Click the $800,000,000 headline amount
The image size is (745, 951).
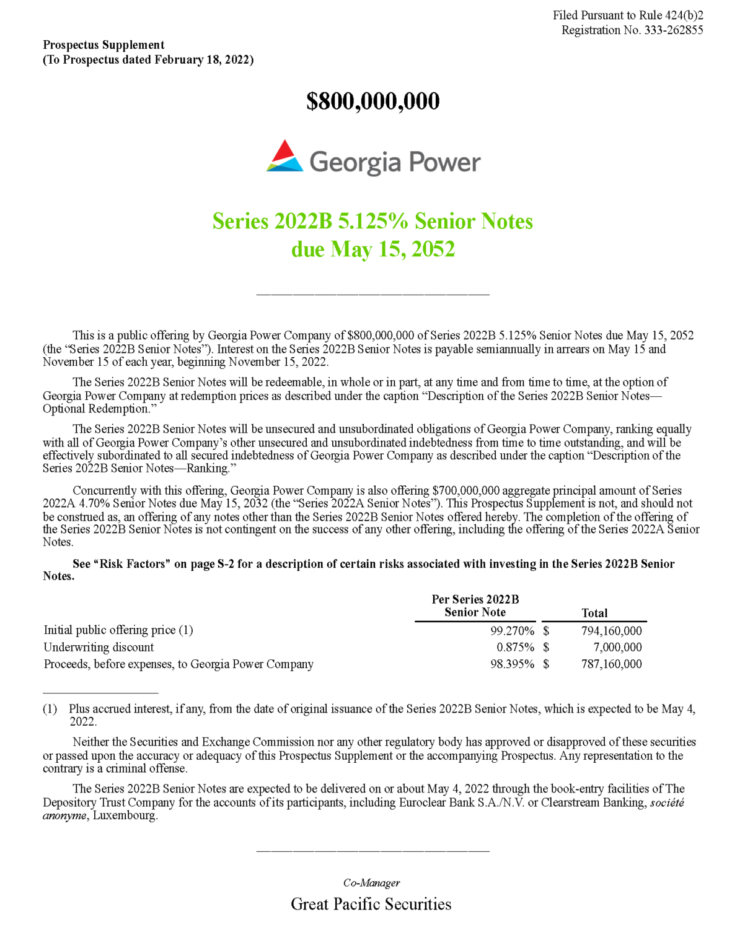click(x=372, y=102)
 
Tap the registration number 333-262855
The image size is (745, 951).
click(x=673, y=30)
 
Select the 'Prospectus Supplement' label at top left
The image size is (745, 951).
click(x=104, y=45)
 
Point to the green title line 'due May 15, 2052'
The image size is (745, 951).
click(x=372, y=250)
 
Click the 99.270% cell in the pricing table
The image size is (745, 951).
click(x=512, y=631)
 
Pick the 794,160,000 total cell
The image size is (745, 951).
click(x=611, y=631)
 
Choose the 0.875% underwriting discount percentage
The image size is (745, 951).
click(x=515, y=648)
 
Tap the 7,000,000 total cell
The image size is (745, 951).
click(x=617, y=648)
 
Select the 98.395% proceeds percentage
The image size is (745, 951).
click(x=512, y=664)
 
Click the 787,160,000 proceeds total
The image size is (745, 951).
click(x=611, y=664)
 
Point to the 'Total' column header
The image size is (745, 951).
click(x=594, y=613)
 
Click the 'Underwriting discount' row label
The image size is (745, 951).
click(x=99, y=648)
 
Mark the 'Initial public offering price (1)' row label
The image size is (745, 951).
click(x=118, y=630)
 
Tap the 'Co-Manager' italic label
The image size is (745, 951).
click(x=371, y=883)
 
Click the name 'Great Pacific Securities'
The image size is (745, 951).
click(x=371, y=905)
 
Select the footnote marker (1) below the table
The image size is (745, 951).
click(x=50, y=709)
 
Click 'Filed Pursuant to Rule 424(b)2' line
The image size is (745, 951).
click(x=627, y=15)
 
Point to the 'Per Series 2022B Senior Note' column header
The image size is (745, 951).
click(x=475, y=606)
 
